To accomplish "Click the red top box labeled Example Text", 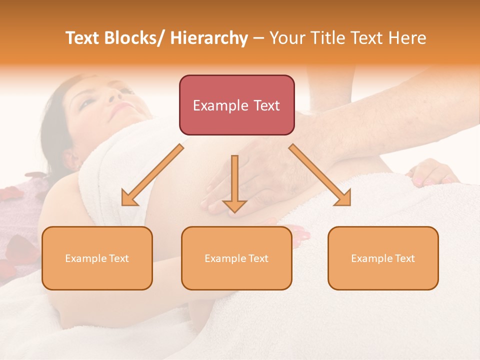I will [x=236, y=105].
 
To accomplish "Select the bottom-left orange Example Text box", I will [x=97, y=258].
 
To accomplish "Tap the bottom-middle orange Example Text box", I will [x=236, y=258].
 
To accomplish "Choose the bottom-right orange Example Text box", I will [x=383, y=258].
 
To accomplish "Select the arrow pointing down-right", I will [x=320, y=175].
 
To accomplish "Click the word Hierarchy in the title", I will [x=209, y=38].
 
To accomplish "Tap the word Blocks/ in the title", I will [x=135, y=38].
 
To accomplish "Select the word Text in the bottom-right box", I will [x=404, y=258].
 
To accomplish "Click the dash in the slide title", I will [x=259, y=38].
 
